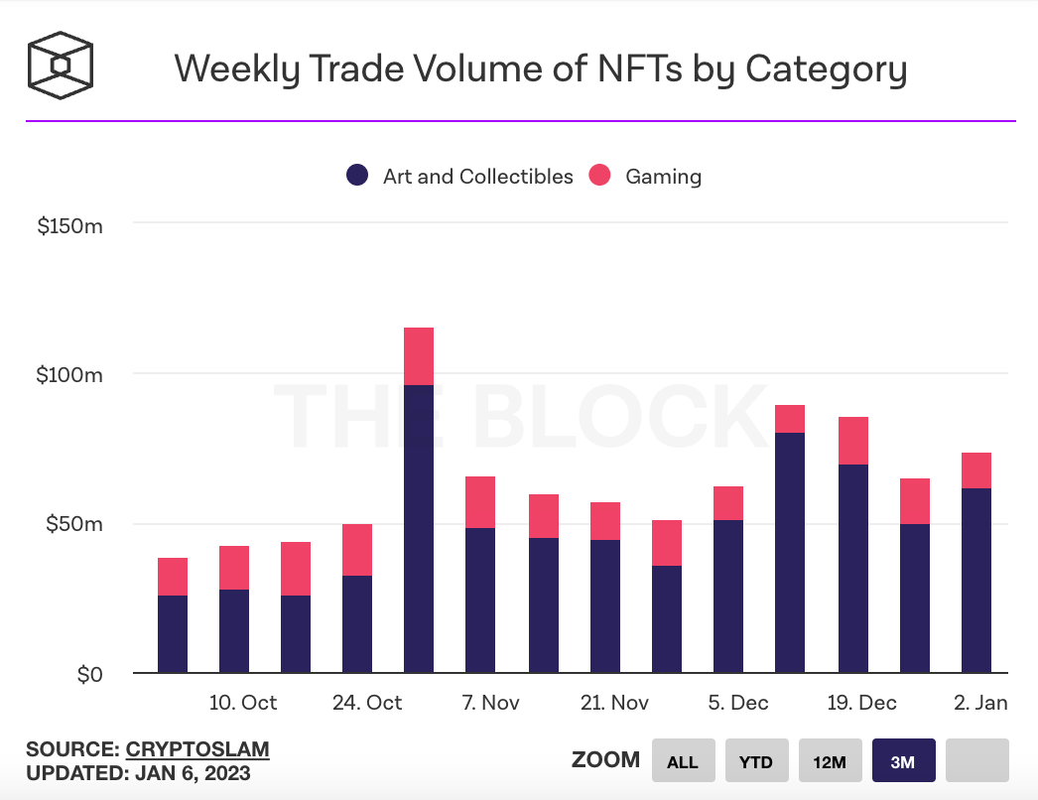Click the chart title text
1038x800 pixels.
coord(540,69)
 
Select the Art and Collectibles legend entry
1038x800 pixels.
coord(460,177)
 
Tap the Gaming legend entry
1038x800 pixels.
coord(646,177)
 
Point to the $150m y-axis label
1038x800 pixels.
coord(69,226)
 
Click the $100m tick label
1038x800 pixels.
coord(69,375)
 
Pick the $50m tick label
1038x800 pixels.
coord(73,524)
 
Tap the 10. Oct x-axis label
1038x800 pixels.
coord(243,703)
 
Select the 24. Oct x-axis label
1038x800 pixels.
coord(367,703)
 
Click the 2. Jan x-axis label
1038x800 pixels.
coord(980,703)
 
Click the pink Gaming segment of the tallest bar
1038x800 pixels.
coord(419,355)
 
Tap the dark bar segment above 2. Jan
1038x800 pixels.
coord(976,581)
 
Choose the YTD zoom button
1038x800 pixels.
coord(756,761)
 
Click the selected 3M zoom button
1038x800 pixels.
coord(902,761)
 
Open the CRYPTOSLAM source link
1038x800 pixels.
coord(197,748)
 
